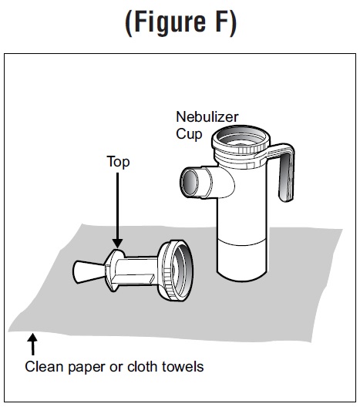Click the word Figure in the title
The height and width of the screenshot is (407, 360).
click(170, 23)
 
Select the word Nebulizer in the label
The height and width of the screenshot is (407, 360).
click(207, 117)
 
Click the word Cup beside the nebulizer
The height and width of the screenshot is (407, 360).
click(189, 134)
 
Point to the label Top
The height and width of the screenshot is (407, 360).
click(118, 162)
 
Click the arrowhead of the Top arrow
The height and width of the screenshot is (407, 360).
click(118, 244)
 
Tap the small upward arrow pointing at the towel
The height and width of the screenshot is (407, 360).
click(32, 345)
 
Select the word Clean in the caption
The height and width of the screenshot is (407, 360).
click(44, 367)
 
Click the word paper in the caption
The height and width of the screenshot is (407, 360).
click(86, 368)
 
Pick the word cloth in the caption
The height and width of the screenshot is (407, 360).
click(143, 367)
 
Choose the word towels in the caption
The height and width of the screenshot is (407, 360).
click(183, 367)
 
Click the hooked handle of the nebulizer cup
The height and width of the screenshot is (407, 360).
click(284, 171)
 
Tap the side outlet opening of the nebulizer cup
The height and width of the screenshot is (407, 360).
click(189, 182)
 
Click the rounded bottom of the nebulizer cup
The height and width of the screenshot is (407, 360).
click(242, 275)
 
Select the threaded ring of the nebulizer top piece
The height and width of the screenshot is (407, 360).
click(177, 271)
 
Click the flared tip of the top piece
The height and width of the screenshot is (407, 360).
click(83, 272)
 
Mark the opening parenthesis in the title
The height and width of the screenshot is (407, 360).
click(129, 24)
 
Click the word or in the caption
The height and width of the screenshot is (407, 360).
click(116, 368)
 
